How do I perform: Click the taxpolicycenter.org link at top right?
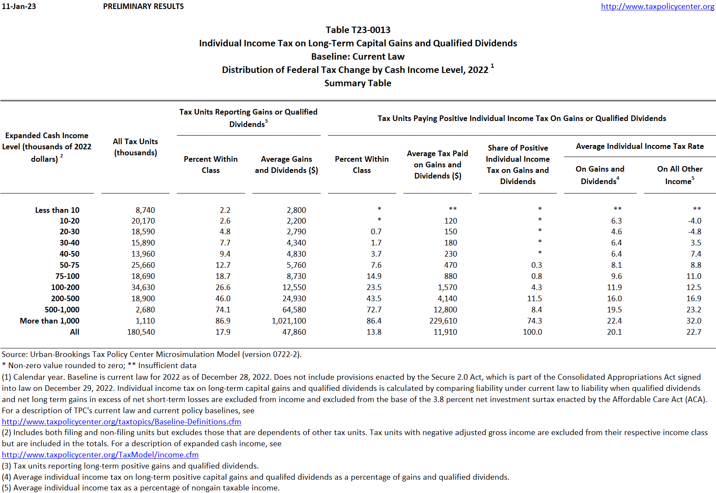click(657, 6)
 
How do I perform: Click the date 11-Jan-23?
click(19, 6)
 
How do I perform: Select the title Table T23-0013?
click(358, 30)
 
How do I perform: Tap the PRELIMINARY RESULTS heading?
click(143, 6)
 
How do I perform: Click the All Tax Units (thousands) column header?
click(135, 147)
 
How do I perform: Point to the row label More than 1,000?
click(49, 321)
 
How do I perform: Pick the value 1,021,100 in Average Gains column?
click(288, 321)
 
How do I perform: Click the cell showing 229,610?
click(443, 321)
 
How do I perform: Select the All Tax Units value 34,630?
click(143, 287)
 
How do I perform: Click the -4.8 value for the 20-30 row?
click(695, 232)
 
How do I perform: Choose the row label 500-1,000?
click(62, 310)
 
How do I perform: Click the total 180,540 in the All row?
click(141, 332)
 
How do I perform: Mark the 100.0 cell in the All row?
click(532, 332)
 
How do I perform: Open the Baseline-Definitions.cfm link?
click(121, 422)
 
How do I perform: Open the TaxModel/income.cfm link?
click(100, 455)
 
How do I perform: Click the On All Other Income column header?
click(680, 175)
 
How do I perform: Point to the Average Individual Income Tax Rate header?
click(640, 146)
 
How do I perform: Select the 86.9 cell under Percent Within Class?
click(223, 321)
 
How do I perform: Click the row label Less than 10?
click(57, 210)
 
